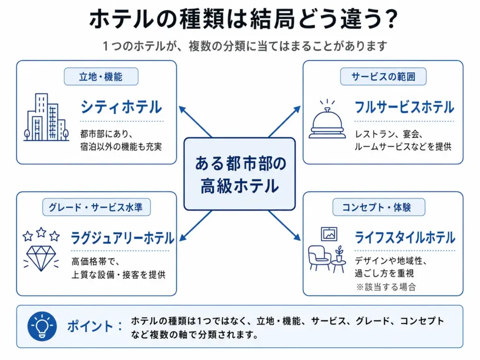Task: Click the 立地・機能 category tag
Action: tap(101, 76)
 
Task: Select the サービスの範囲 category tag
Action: tap(383, 76)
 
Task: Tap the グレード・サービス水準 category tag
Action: tap(96, 207)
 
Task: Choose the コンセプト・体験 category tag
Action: tap(379, 207)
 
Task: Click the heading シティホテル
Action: tap(121, 107)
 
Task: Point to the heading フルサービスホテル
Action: tap(405, 107)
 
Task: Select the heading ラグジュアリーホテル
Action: tap(122, 238)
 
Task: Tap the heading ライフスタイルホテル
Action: tap(405, 238)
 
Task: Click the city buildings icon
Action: tap(46, 117)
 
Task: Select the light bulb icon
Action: tap(42, 326)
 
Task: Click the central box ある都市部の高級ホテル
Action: tap(240, 174)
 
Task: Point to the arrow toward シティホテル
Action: tap(195, 121)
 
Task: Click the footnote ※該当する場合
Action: tap(386, 287)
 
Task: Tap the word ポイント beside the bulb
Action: tap(90, 326)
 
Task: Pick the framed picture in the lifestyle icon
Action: tap(329, 234)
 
